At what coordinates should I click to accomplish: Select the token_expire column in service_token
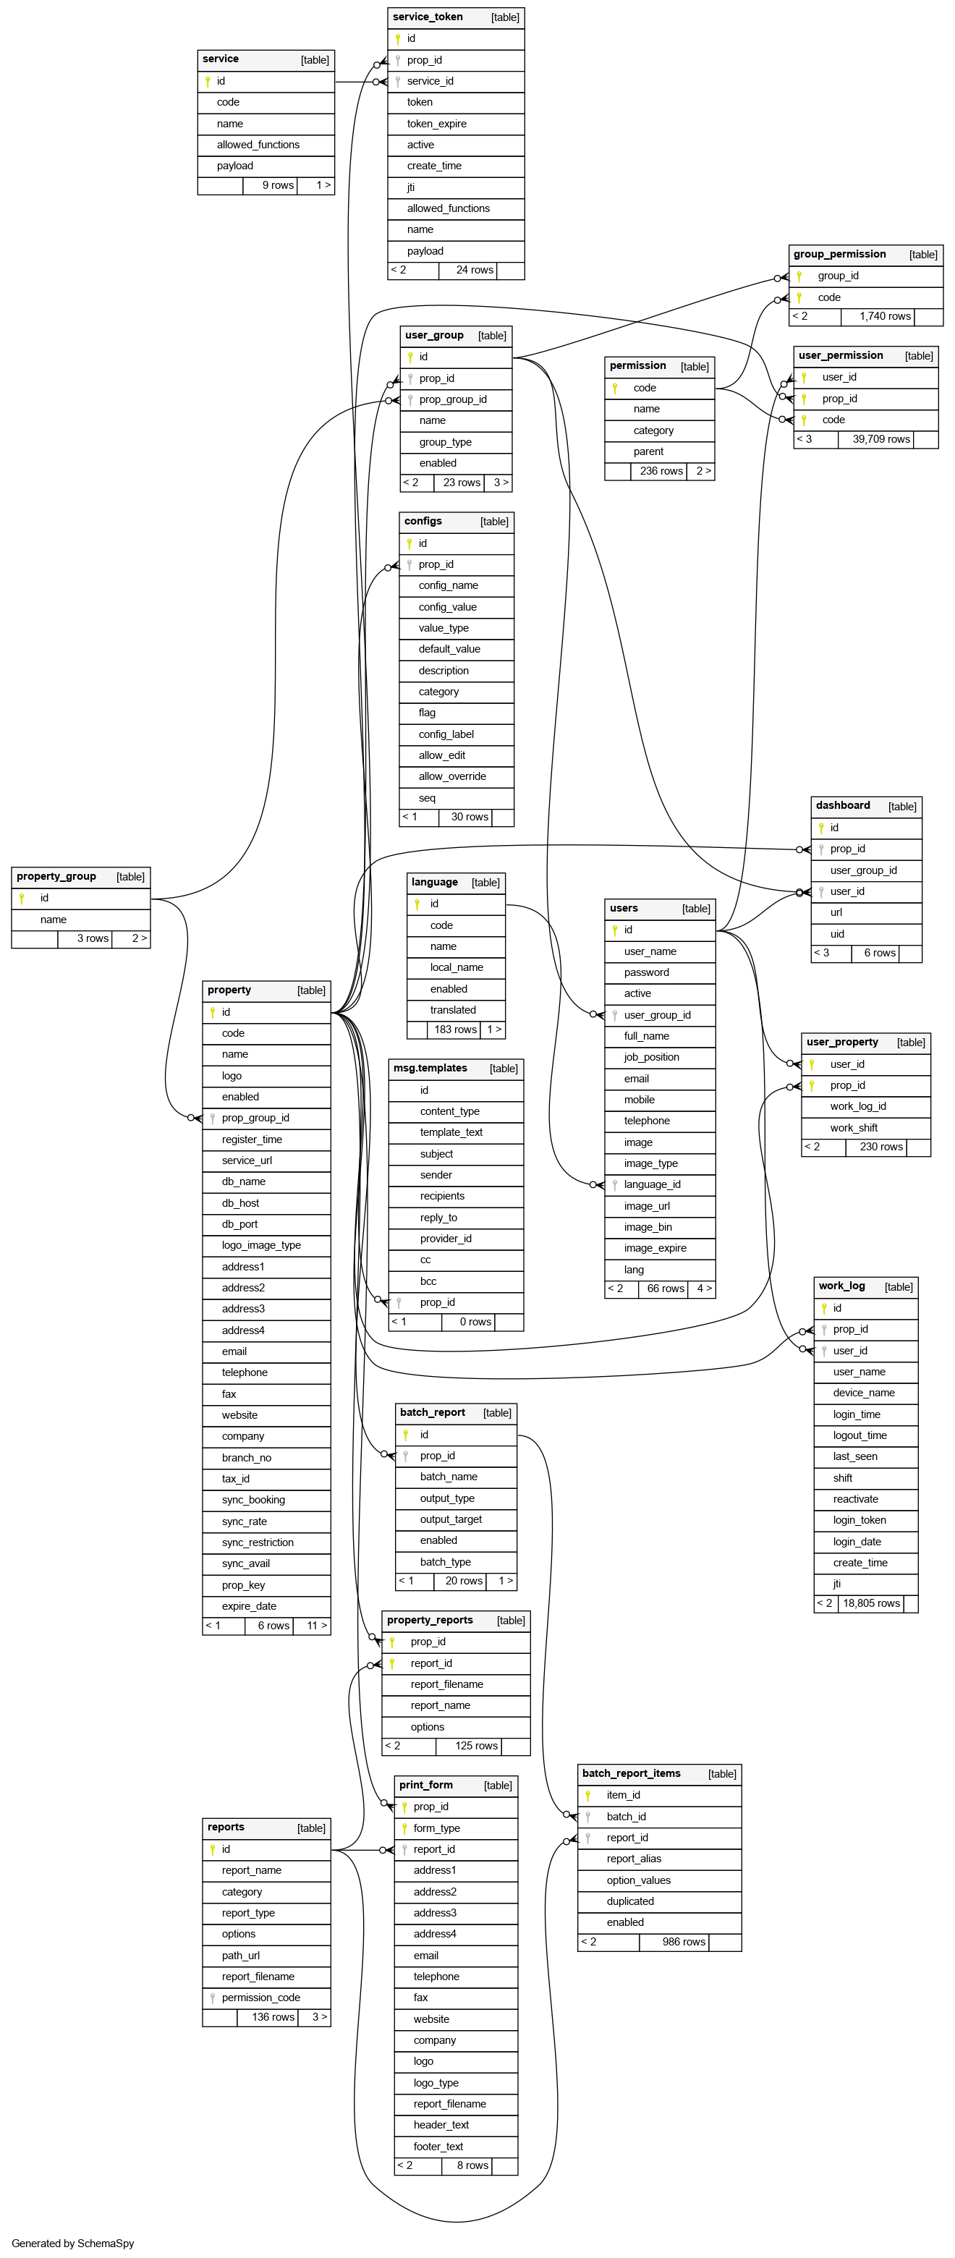(x=436, y=124)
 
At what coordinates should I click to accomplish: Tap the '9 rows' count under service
(x=277, y=186)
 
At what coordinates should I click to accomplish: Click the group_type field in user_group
(x=445, y=442)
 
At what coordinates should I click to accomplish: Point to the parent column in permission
(x=648, y=451)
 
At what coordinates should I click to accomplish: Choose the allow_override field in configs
(x=451, y=776)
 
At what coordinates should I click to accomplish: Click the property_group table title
(x=56, y=877)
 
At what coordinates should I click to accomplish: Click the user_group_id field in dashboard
(x=863, y=870)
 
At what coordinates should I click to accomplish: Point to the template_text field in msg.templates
(x=451, y=1132)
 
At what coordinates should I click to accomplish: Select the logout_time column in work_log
(x=859, y=1436)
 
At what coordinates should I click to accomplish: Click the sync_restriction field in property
(x=257, y=1542)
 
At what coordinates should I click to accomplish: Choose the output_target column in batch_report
(x=450, y=1520)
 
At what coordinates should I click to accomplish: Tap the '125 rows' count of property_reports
(x=475, y=1746)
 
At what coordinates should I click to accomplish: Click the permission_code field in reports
(x=260, y=1998)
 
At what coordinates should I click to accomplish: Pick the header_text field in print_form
(x=441, y=2125)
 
